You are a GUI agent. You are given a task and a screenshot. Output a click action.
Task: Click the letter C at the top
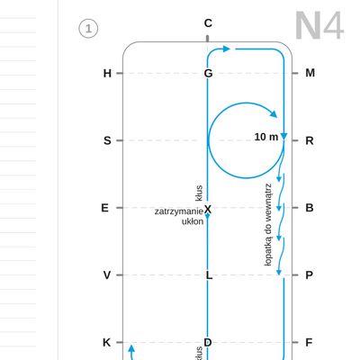coord(208,23)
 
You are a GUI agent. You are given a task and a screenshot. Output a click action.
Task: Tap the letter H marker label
coord(107,73)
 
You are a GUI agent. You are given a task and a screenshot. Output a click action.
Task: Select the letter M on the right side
coord(310,73)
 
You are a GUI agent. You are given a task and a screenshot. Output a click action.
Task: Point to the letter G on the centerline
coord(208,73)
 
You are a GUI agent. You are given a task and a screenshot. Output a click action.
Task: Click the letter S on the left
coord(107,140)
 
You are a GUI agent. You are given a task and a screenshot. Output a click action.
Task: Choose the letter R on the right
coord(310,140)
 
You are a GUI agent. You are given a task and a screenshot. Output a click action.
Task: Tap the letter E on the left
coord(104,208)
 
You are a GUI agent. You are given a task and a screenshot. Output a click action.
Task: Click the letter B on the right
coord(310,208)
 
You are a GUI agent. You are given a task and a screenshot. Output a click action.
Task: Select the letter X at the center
coord(208,209)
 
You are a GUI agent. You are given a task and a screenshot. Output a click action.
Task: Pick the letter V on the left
coord(107,274)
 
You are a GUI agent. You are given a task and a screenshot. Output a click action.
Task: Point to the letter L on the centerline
coord(209,274)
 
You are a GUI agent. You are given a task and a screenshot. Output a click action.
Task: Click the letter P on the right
coord(310,274)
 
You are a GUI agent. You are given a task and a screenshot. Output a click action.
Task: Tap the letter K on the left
coord(107,342)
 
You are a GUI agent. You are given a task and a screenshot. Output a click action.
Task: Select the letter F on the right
coord(309,342)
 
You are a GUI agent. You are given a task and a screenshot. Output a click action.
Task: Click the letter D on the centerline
coord(208,342)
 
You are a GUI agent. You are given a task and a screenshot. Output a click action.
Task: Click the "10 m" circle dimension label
coord(266,137)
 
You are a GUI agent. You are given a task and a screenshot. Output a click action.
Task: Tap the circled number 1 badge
coord(88,29)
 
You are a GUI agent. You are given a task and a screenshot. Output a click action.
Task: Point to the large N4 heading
coord(319,26)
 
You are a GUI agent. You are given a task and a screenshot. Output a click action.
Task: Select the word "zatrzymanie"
coord(179,211)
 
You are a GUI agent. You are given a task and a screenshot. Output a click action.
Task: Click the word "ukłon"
coord(193,221)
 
